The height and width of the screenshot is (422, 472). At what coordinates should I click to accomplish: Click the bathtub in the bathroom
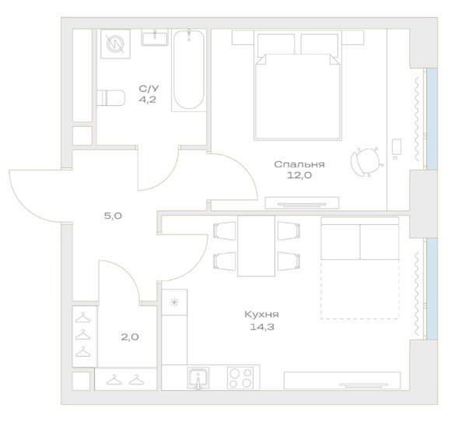pos(189,70)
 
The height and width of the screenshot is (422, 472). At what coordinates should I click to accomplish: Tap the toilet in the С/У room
pos(110,97)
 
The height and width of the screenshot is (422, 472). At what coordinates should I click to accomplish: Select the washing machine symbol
pos(116,44)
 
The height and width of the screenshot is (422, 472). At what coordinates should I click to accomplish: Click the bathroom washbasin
pos(155,37)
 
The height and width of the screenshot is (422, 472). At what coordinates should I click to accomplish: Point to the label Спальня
pos(299,164)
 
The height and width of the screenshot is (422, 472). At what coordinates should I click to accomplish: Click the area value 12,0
pos(299,175)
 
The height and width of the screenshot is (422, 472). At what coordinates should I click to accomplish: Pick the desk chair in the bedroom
pos(366,162)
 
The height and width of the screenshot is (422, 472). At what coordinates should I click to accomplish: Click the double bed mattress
pos(298,97)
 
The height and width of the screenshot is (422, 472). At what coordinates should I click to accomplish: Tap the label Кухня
pos(261,315)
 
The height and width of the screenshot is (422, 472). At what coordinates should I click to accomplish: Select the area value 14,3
pos(261,327)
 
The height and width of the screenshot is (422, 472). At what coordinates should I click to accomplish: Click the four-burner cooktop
pos(240,378)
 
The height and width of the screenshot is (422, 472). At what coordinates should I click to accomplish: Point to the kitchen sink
pos(198,378)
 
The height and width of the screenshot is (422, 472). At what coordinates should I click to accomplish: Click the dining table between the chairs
pos(256,246)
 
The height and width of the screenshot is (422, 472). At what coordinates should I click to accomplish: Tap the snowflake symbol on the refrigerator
pos(174,302)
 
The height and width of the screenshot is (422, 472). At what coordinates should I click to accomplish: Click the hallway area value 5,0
pos(113,216)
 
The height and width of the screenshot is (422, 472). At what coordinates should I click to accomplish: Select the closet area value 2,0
pos(130,337)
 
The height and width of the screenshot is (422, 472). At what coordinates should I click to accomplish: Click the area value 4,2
pos(147,100)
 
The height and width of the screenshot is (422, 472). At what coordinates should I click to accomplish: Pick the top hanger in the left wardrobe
pos(82,318)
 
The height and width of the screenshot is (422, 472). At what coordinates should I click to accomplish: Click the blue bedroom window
pos(432,119)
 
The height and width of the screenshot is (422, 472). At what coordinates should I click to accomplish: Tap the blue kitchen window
pos(432,289)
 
